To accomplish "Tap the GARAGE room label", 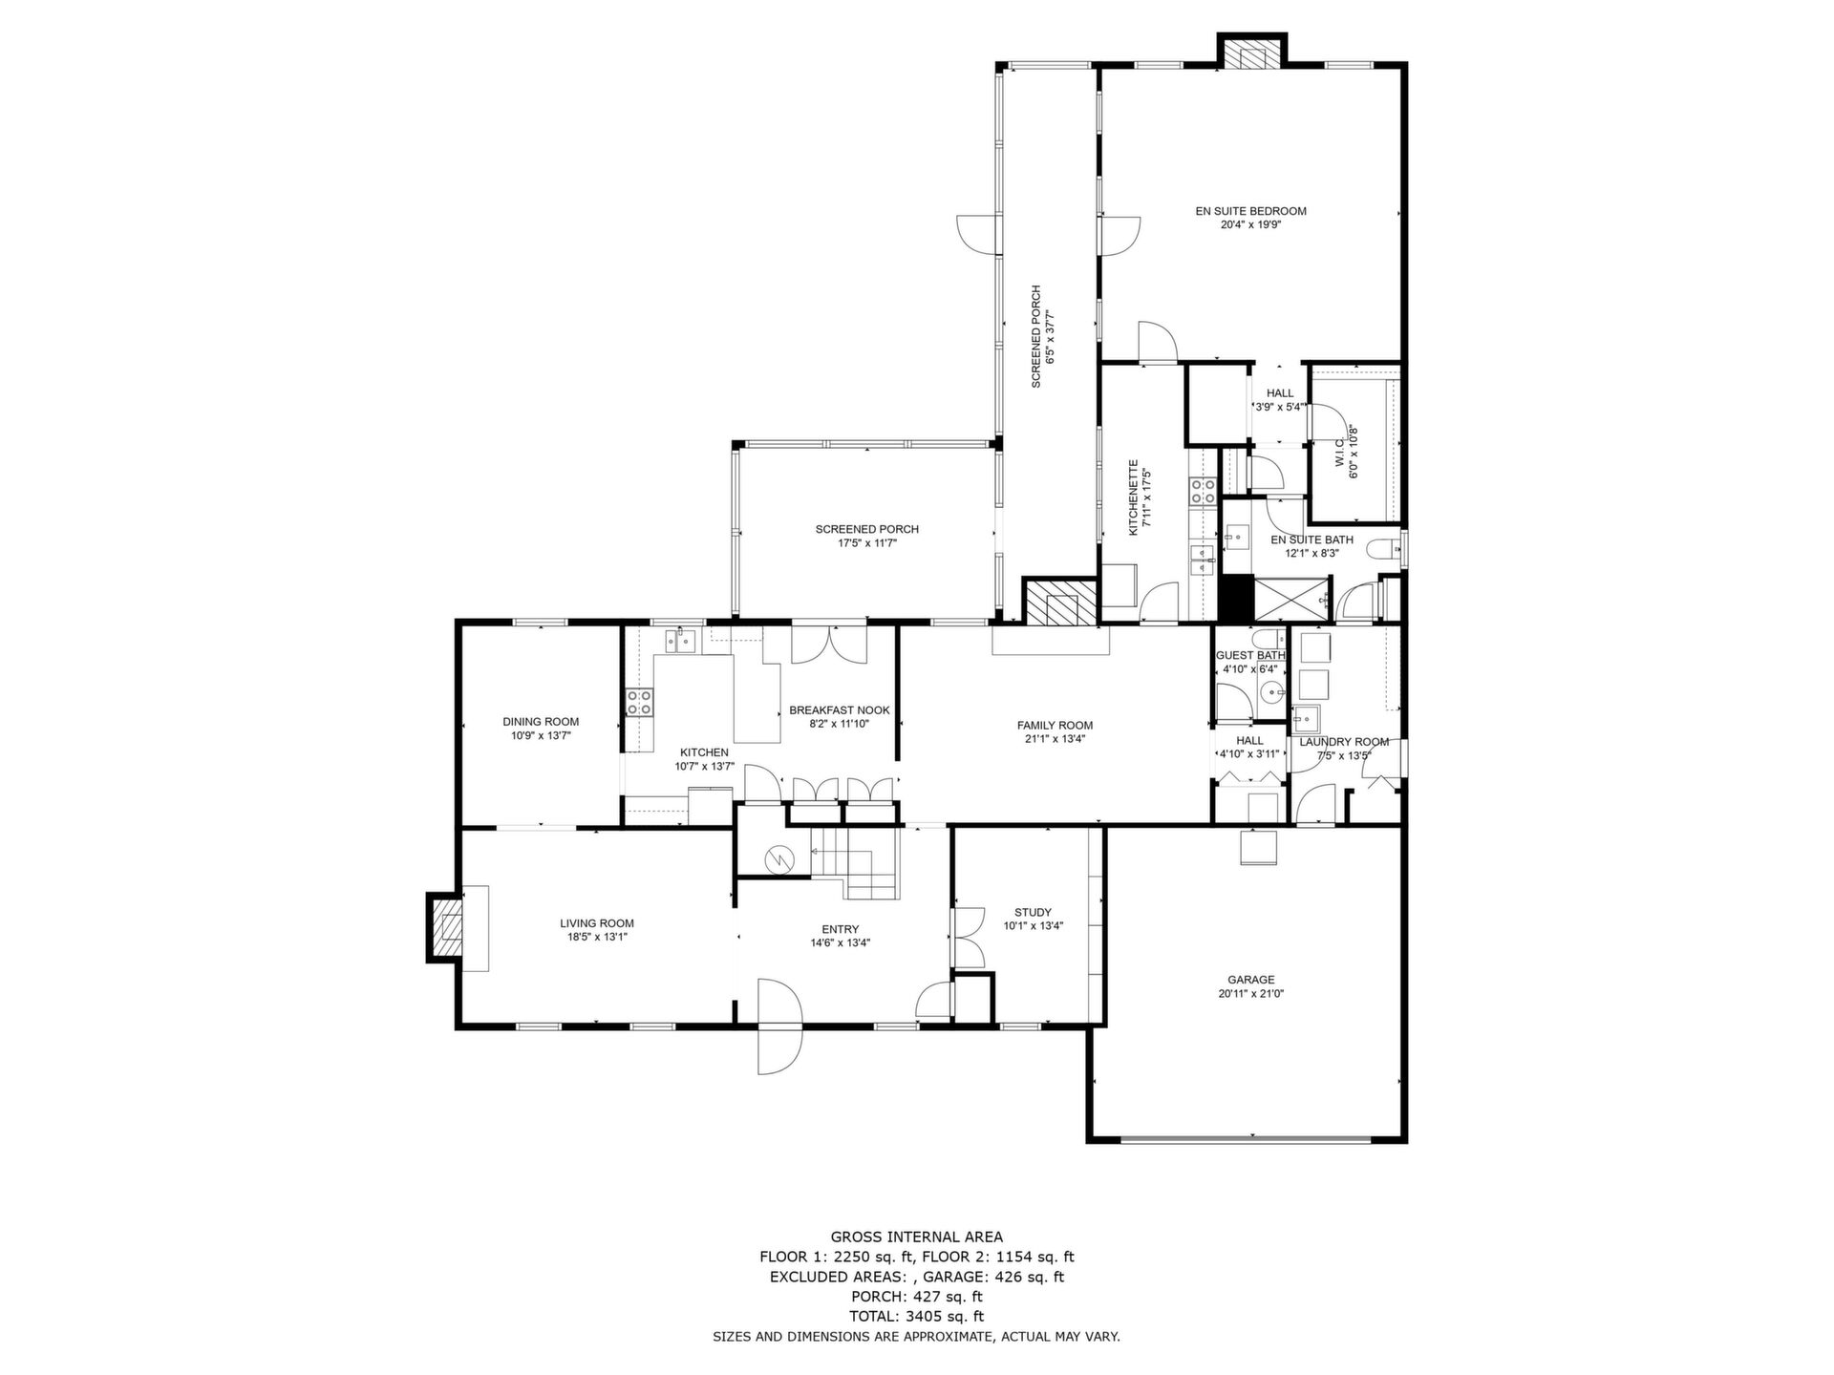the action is [x=1251, y=980].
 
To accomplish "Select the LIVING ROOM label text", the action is [x=597, y=923].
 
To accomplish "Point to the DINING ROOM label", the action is [x=541, y=722].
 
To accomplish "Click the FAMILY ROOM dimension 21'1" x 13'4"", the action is [x=1055, y=738].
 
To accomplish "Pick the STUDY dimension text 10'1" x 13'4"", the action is [x=1034, y=925].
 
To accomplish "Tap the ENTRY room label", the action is [x=841, y=929].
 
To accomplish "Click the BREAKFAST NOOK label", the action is [x=840, y=710].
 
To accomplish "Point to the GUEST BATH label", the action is [x=1250, y=656].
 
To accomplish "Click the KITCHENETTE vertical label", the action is [x=1134, y=497].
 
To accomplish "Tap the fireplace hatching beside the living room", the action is [x=444, y=926].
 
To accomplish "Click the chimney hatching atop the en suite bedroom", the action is [x=1251, y=54].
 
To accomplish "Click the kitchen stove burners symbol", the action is [x=639, y=703].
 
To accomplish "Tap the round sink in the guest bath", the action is [x=1269, y=692].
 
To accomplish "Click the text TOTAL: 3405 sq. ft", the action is [x=917, y=1317].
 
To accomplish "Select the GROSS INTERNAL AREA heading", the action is [x=917, y=1237].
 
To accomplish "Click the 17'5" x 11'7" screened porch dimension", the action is [x=867, y=543].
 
